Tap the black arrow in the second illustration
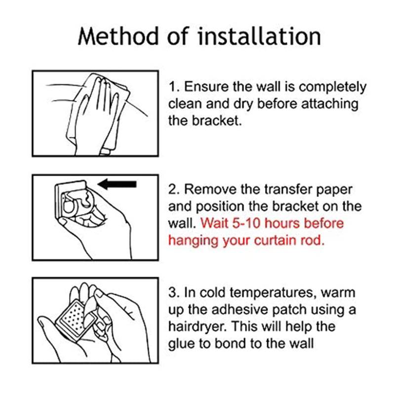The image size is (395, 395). click(117, 184)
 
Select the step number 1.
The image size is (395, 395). click(172, 87)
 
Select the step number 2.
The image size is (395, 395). click(172, 190)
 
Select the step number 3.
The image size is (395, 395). click(172, 292)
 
